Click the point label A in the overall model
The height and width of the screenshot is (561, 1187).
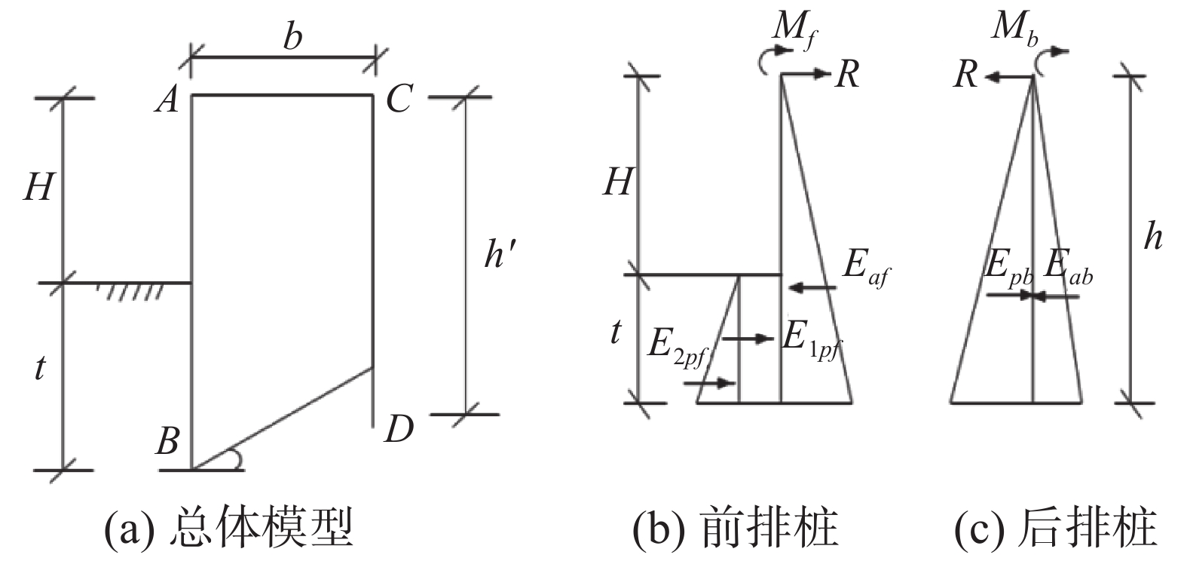[x=167, y=98]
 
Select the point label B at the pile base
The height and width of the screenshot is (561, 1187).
[x=167, y=441]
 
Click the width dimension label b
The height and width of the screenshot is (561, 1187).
[x=292, y=36]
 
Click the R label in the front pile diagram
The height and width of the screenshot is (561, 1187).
[x=847, y=75]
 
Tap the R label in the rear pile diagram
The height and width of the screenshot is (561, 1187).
[x=965, y=75]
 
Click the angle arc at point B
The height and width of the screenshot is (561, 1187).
[x=235, y=458]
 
